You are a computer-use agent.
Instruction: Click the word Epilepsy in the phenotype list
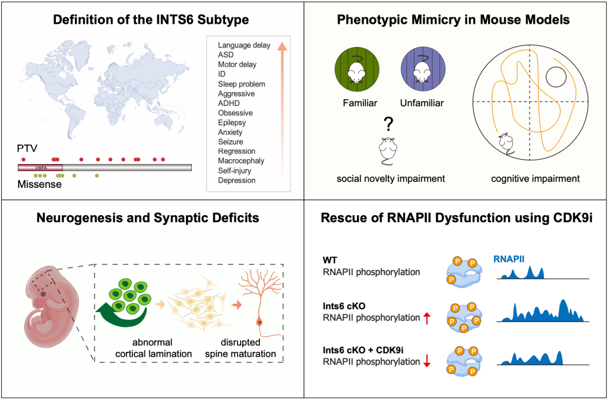tap(232, 122)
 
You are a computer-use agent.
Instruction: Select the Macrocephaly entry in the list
tap(241, 161)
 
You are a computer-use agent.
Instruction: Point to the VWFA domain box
tap(40, 168)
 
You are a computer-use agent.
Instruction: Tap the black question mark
tap(389, 124)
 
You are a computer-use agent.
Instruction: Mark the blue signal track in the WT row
tap(525, 272)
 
